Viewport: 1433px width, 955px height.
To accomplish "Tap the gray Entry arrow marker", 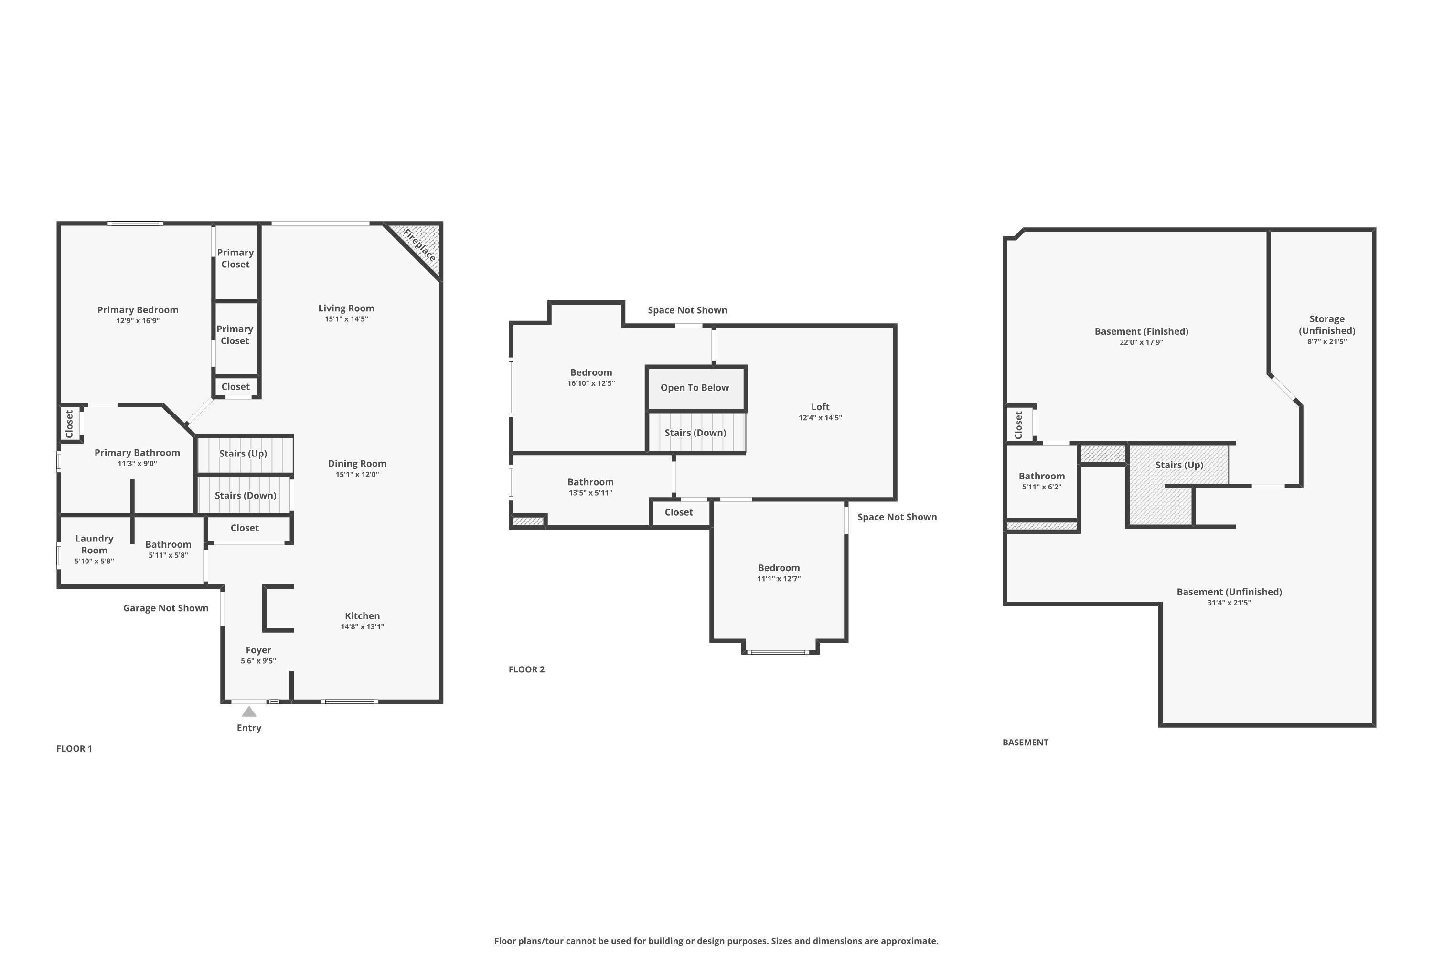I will click(248, 711).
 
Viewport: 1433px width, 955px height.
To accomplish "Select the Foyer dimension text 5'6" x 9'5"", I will click(258, 661).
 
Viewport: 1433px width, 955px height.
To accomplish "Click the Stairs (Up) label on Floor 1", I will click(243, 453).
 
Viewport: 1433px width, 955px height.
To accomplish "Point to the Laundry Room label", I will click(95, 544).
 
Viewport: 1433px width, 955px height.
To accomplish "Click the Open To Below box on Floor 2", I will click(695, 387).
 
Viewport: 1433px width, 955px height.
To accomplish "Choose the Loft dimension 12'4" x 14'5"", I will click(820, 418).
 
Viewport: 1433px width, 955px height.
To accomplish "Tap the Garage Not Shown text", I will click(166, 608).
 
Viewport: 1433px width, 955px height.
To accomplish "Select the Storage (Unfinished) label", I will click(1326, 325).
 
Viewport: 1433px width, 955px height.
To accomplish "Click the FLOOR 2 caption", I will click(526, 669).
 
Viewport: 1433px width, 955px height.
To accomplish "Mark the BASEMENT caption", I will click(1026, 743).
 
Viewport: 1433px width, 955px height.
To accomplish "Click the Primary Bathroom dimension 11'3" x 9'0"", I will click(137, 464).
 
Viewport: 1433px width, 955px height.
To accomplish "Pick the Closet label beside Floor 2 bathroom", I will click(679, 512).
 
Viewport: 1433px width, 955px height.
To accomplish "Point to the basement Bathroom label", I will click(1042, 476).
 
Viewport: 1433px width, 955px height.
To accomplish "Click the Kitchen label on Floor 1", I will click(362, 616).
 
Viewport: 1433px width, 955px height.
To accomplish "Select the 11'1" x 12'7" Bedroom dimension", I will click(779, 579).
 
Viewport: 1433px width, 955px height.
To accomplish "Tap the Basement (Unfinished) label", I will click(1229, 592).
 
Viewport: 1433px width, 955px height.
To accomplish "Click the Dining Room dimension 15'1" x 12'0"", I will click(357, 475).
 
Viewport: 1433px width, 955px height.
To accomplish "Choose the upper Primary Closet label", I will click(235, 258).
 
